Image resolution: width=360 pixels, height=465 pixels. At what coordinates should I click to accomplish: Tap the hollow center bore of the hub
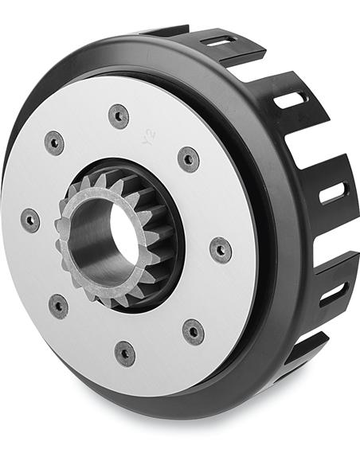point(122,232)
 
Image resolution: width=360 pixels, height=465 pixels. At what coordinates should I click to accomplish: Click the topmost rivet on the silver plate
point(119,115)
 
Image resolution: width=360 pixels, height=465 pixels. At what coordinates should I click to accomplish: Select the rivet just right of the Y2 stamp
point(188,158)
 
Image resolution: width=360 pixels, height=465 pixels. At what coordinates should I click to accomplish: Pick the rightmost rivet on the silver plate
point(221,249)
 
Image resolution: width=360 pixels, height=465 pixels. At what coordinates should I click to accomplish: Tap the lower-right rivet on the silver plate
point(193,331)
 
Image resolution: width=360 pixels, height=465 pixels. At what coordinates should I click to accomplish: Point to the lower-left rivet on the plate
point(58,306)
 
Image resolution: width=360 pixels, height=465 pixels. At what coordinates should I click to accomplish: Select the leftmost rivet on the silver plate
point(29,220)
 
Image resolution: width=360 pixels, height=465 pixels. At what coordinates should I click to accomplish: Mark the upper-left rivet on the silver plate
point(54,143)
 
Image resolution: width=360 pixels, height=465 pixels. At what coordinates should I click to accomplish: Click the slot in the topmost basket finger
point(221,41)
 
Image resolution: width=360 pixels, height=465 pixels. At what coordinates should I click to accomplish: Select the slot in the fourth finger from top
point(332,292)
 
